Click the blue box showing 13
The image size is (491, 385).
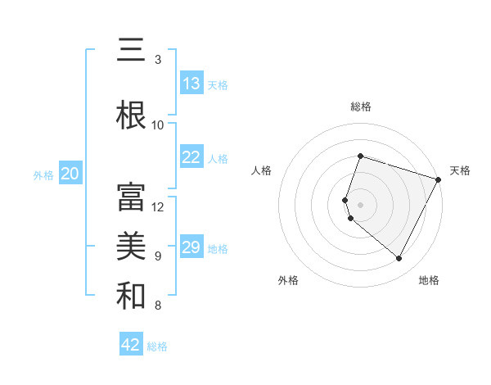click(x=191, y=84)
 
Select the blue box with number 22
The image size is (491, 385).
click(x=191, y=157)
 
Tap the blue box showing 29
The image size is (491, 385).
click(x=191, y=247)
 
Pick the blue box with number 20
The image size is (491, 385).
click(x=70, y=174)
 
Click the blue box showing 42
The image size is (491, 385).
click(x=131, y=345)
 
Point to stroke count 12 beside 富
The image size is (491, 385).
click(x=158, y=206)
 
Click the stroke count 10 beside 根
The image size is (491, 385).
click(x=158, y=125)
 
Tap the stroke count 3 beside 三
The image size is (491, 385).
click(x=158, y=60)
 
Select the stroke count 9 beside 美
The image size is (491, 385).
click(x=158, y=256)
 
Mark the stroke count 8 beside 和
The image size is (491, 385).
click(x=158, y=306)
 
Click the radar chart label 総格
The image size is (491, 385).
click(x=360, y=106)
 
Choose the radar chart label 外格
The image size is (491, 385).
click(x=288, y=280)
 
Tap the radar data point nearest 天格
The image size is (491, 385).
click(x=439, y=179)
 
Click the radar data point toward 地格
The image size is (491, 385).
click(x=399, y=258)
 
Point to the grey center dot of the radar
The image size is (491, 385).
click(x=360, y=204)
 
